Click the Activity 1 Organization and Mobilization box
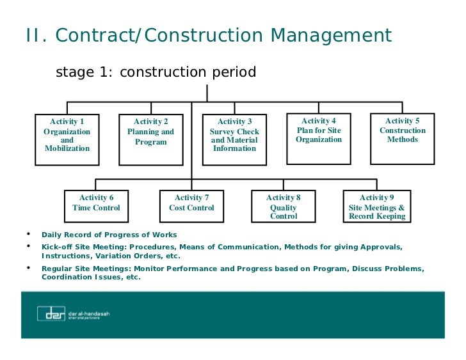[x=67, y=139]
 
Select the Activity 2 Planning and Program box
[x=151, y=139]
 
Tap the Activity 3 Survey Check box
[x=234, y=139]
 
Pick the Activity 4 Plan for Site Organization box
[x=319, y=138]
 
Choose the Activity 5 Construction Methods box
[x=403, y=138]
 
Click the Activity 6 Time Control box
[x=97, y=206]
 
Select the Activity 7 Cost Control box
[x=191, y=206]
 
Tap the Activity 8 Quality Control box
[x=284, y=206]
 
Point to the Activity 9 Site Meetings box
[x=377, y=206]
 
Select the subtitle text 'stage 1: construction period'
[x=156, y=72]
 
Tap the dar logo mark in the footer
[x=51, y=313]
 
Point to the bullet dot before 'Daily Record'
[x=28, y=233]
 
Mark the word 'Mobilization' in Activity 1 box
[x=67, y=148]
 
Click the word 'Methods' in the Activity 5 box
[x=403, y=139]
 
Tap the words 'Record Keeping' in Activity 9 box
[x=377, y=216]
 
